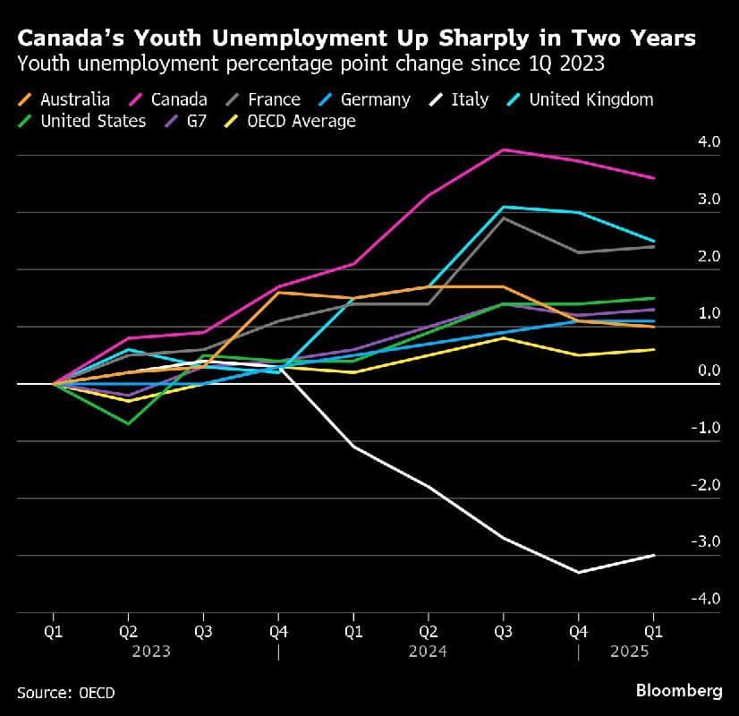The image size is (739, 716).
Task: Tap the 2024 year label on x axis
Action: tap(428, 652)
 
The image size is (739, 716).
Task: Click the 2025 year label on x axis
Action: tap(629, 652)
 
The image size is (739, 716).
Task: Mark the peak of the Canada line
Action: tap(504, 149)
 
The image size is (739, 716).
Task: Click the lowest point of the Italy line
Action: tap(578, 572)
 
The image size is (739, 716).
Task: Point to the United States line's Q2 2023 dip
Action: tap(129, 423)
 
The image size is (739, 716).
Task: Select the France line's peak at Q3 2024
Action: tap(504, 217)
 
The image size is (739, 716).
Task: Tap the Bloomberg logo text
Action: tap(679, 691)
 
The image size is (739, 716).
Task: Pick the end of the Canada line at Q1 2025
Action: tap(653, 178)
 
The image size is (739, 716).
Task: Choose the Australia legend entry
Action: tap(75, 99)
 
